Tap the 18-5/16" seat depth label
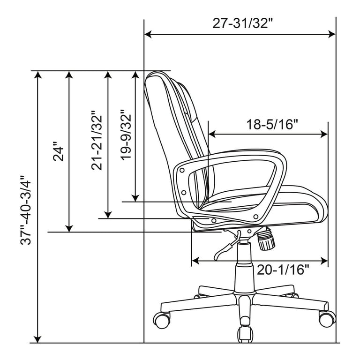pyautogui.click(x=272, y=124)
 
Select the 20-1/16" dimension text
pyautogui.click(x=283, y=270)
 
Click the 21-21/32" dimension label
pyautogui.click(x=97, y=141)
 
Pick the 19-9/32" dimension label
pyautogui.click(x=125, y=136)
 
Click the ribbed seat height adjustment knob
pyautogui.click(x=266, y=239)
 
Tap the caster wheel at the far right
pyautogui.click(x=327, y=318)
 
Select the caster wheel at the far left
pyautogui.click(x=162, y=320)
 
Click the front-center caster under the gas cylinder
pyautogui.click(x=245, y=334)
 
